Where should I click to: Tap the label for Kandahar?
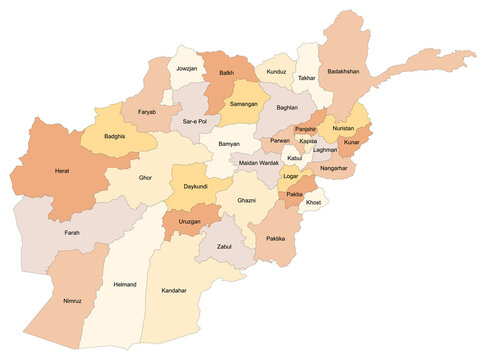(x=174, y=290)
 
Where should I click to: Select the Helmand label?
(x=125, y=283)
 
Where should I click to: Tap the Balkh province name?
(x=227, y=73)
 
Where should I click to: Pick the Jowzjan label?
(x=187, y=69)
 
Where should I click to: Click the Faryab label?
(x=148, y=113)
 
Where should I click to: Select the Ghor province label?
(x=146, y=176)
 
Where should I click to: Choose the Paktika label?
(x=276, y=239)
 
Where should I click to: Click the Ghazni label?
(x=247, y=201)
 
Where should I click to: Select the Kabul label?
(x=294, y=158)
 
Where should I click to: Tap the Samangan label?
(x=244, y=104)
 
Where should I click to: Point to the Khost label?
(x=314, y=202)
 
